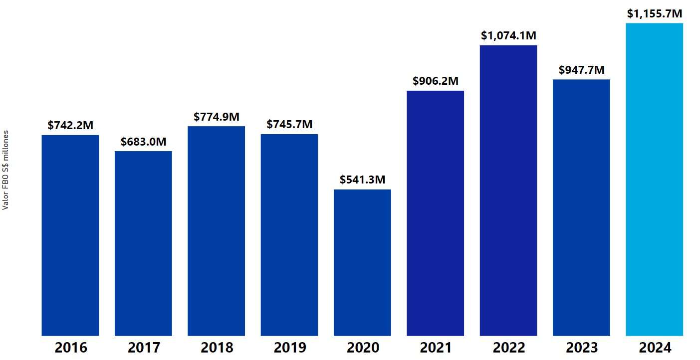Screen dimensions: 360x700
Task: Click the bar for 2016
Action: pyautogui.click(x=70, y=235)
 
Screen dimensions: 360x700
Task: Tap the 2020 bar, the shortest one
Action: pyautogui.click(x=362, y=262)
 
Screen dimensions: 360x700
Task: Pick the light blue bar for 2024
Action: pyautogui.click(x=654, y=179)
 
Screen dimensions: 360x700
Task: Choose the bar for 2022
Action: pyautogui.click(x=508, y=190)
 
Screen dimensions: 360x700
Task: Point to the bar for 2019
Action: pyautogui.click(x=289, y=234)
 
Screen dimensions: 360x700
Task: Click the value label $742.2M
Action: pyautogui.click(x=70, y=126)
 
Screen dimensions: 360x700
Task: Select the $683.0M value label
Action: pyautogui.click(x=143, y=142)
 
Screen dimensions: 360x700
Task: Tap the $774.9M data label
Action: pyautogui.click(x=217, y=117)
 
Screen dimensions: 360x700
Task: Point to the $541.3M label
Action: pyautogui.click(x=362, y=180)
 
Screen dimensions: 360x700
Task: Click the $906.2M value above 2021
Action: pyautogui.click(x=436, y=81)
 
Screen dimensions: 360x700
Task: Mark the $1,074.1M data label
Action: pyautogui.click(x=508, y=35)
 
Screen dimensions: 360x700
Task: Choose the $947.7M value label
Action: pyautogui.click(x=581, y=70)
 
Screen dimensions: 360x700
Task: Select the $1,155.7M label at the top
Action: pyautogui.click(x=654, y=13)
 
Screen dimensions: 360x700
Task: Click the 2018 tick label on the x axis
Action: pyautogui.click(x=217, y=348)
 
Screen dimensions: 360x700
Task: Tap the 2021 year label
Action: pyautogui.click(x=436, y=348)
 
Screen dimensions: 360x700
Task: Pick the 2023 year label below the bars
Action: pyautogui.click(x=581, y=348)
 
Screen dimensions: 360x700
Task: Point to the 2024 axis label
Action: pyautogui.click(x=654, y=348)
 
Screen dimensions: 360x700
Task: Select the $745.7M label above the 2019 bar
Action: pyautogui.click(x=289, y=125)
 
